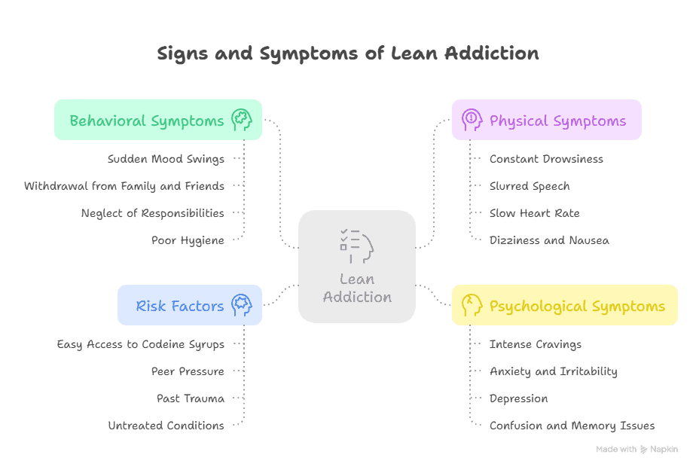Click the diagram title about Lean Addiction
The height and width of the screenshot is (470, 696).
pyautogui.click(x=348, y=54)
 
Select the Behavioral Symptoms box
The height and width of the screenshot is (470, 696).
pyautogui.click(x=157, y=120)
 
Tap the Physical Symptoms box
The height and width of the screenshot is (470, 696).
pyautogui.click(x=546, y=120)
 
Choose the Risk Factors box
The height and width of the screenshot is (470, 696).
pyautogui.click(x=189, y=305)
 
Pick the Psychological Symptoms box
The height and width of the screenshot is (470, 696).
pyautogui.click(x=564, y=305)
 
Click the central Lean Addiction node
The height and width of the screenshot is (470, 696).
pyautogui.click(x=357, y=267)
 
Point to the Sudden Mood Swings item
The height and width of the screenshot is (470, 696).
pyautogui.click(x=166, y=159)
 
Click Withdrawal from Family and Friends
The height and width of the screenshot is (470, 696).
pyautogui.click(x=124, y=186)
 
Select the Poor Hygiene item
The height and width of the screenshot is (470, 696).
pyautogui.click(x=188, y=240)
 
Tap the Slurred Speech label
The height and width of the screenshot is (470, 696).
pyautogui.click(x=530, y=186)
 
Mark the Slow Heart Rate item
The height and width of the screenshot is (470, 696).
pyautogui.click(x=535, y=213)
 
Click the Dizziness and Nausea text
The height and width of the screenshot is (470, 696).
pyautogui.click(x=549, y=240)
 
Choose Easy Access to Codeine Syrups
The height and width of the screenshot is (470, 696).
pyautogui.click(x=141, y=344)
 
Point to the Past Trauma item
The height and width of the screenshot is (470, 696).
pyautogui.click(x=191, y=398)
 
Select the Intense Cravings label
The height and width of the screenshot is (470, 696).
pyautogui.click(x=536, y=344)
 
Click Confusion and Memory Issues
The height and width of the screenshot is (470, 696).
pyautogui.click(x=572, y=426)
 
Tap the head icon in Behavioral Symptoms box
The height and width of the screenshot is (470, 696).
pyautogui.click(x=241, y=120)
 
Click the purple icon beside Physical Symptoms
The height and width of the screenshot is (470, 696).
pyautogui.click(x=472, y=120)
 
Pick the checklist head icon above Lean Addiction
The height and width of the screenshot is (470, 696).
pyautogui.click(x=356, y=246)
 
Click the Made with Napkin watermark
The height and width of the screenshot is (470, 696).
pyautogui.click(x=636, y=450)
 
